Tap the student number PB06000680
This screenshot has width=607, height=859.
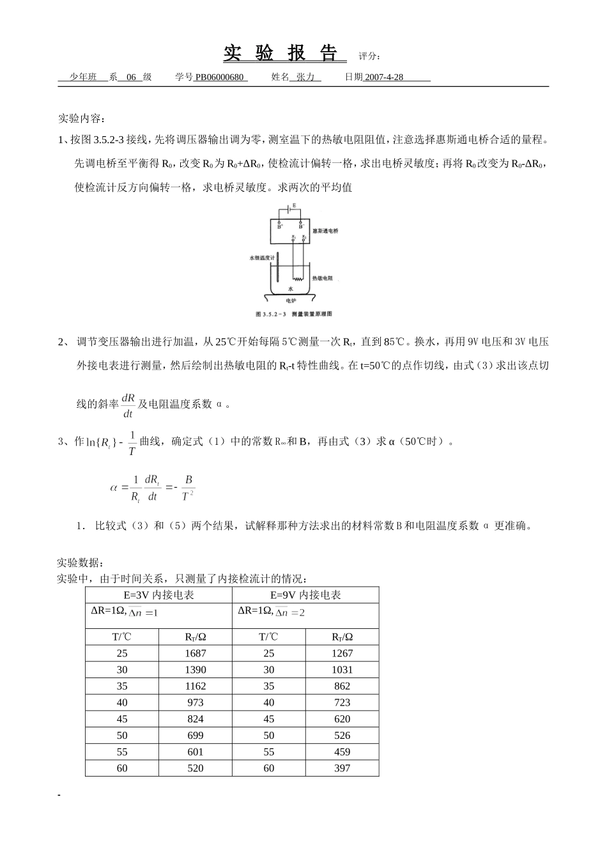tap(219, 77)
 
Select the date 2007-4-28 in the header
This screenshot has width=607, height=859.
tap(384, 77)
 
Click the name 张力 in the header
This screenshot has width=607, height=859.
tap(305, 77)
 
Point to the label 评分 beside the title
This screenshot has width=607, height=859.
tap(370, 56)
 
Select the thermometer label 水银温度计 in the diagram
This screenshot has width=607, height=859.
tap(261, 258)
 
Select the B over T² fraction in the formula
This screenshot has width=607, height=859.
tap(188, 488)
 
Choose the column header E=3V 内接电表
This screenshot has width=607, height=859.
tap(158, 595)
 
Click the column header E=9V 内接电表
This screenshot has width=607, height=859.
tap(305, 595)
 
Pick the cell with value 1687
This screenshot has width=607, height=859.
tap(195, 653)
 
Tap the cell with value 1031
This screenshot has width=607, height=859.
tap(342, 670)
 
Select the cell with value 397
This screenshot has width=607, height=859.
tap(342, 768)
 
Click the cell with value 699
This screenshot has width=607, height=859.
tap(195, 736)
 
